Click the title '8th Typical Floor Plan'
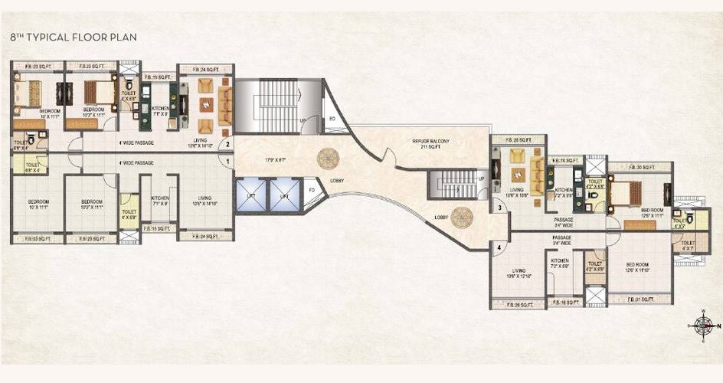63,36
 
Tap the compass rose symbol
703,326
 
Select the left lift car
251,196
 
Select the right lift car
284,196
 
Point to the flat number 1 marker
227,162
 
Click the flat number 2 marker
227,143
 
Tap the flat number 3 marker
498,208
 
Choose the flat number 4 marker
498,247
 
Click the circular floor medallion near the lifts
326,158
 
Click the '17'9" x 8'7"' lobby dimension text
273,160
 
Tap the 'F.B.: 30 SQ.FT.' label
640,167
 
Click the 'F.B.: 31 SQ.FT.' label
640,300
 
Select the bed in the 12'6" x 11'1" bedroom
633,195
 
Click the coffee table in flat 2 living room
205,104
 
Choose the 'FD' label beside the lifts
311,189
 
